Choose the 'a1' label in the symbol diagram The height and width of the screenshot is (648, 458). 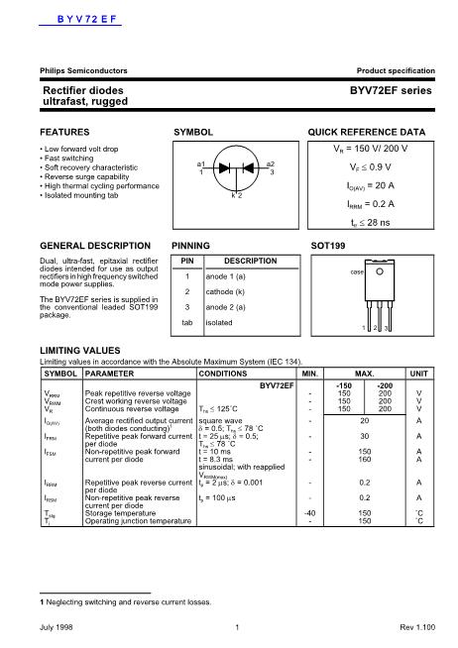[202, 163]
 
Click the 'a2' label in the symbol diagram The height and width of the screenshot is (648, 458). [270, 163]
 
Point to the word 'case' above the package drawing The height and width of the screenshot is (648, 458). [359, 270]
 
